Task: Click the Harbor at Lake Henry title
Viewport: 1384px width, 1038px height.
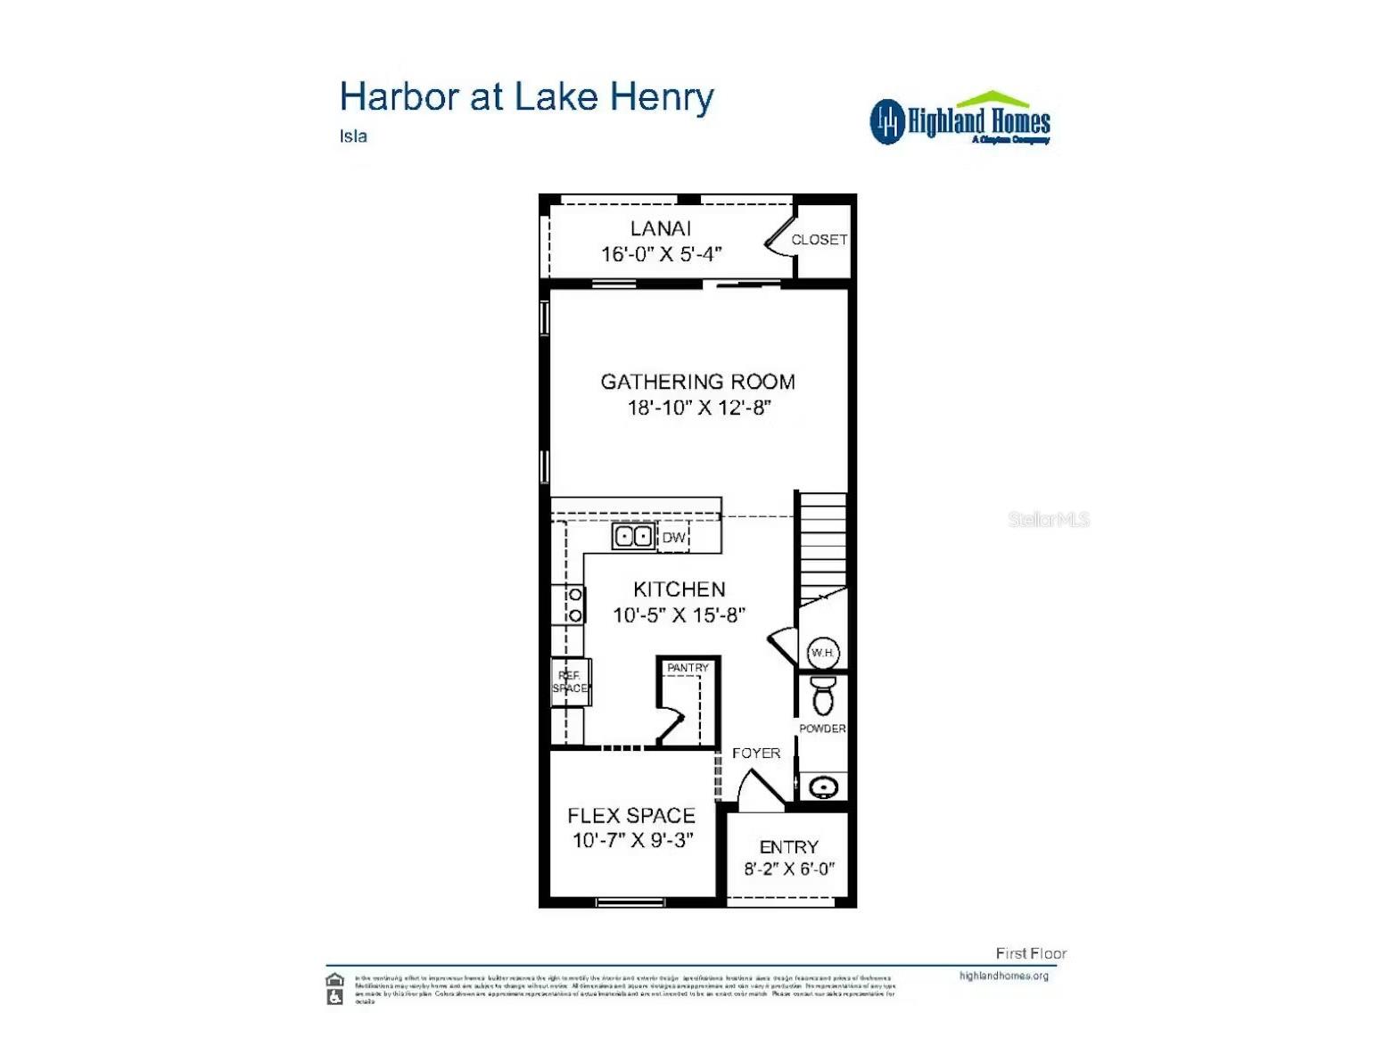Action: [x=526, y=97]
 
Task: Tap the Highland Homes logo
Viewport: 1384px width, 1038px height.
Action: [x=960, y=120]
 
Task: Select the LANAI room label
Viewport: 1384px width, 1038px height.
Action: [x=661, y=228]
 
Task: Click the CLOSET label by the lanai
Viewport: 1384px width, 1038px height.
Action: [x=819, y=240]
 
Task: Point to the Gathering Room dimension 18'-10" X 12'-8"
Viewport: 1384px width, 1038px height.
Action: [x=698, y=408]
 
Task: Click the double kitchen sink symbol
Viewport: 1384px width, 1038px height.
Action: [x=633, y=537]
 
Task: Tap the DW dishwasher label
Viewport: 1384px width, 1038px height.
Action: [x=674, y=538]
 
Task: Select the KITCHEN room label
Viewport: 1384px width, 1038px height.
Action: [x=679, y=589]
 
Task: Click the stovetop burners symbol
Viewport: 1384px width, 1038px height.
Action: [x=575, y=605]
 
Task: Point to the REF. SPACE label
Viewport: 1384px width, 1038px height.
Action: [x=570, y=682]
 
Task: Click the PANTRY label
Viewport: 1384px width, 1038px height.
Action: [x=688, y=668]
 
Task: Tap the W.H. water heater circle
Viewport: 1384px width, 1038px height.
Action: [x=822, y=653]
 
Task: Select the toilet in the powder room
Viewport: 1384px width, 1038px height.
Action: [x=822, y=695]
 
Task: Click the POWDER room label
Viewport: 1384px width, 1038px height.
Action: [x=822, y=729]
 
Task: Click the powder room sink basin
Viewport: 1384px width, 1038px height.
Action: [x=822, y=788]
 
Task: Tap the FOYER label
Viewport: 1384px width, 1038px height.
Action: [x=755, y=754]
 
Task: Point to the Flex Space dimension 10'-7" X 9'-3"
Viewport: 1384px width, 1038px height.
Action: [x=632, y=840]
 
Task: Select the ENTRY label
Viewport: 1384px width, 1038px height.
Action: [x=788, y=847]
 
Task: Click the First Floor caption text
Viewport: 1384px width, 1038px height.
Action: [x=1030, y=953]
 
